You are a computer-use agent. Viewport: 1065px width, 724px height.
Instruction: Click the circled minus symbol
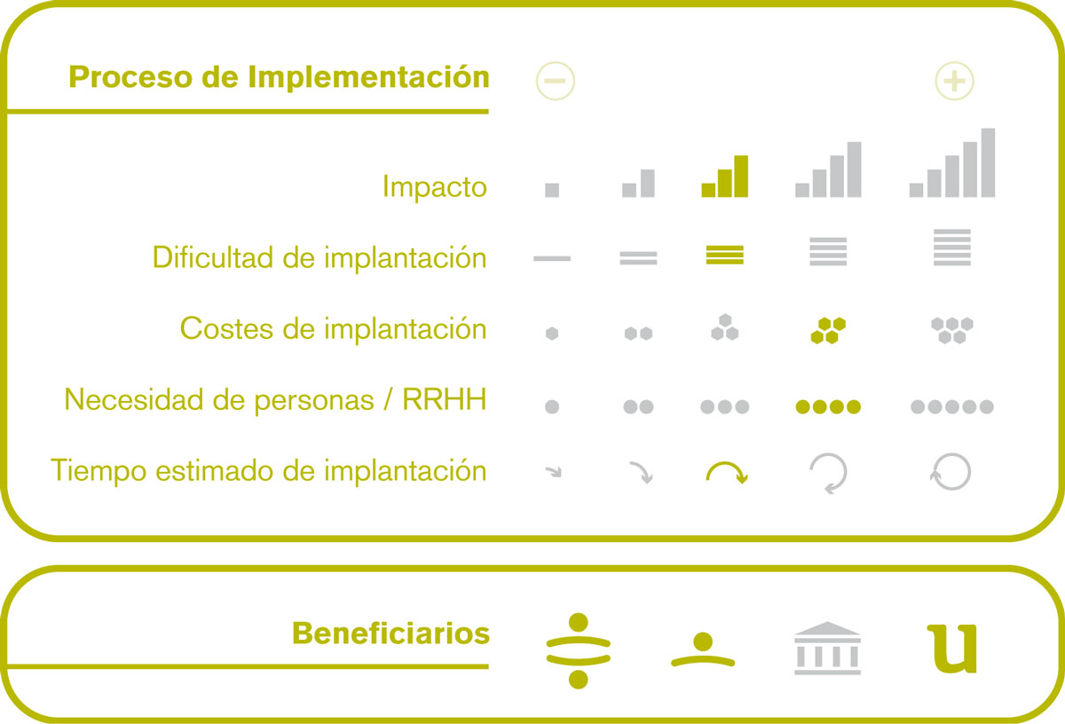[x=556, y=81]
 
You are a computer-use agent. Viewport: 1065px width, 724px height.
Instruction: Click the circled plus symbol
[x=954, y=81]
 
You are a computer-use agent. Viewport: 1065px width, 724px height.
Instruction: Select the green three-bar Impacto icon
[x=724, y=177]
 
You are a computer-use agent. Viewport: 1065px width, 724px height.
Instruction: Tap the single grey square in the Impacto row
[x=552, y=190]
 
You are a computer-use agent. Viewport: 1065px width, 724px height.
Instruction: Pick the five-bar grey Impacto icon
[x=951, y=162]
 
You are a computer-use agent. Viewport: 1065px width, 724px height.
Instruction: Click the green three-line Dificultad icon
[x=724, y=255]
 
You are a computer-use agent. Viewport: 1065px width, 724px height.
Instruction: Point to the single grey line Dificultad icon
[x=552, y=258]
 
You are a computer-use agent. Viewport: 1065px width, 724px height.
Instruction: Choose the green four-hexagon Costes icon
[x=828, y=330]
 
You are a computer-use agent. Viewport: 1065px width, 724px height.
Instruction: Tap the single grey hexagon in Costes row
[x=552, y=334]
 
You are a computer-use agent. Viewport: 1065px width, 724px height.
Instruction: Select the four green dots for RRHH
[x=828, y=407]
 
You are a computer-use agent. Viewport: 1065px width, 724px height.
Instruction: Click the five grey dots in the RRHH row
[x=951, y=407]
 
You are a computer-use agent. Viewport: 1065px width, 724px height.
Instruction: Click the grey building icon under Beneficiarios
[x=828, y=649]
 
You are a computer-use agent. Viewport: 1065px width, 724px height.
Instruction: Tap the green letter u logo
[x=952, y=649]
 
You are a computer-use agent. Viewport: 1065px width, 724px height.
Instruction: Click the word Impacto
[x=435, y=187]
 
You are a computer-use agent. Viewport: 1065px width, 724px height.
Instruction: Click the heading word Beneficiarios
[x=390, y=633]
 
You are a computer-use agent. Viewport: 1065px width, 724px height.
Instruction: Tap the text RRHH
[x=445, y=399]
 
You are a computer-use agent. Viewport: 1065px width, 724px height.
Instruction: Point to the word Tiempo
[x=99, y=471]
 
